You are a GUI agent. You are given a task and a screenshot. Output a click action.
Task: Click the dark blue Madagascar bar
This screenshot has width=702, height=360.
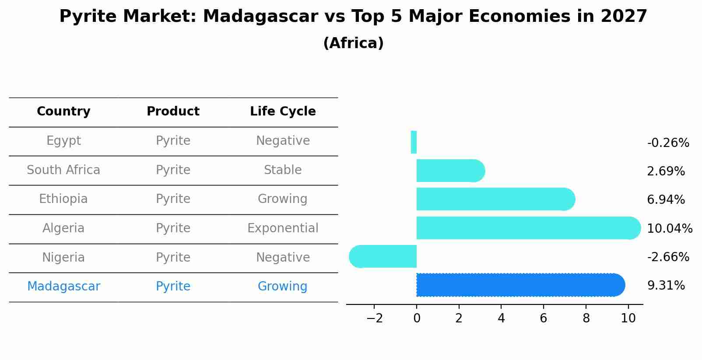520,285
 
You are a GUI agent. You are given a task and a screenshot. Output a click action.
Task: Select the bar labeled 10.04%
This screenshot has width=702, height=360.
528,228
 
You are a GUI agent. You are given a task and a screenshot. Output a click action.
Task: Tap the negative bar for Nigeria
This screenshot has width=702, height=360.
383,256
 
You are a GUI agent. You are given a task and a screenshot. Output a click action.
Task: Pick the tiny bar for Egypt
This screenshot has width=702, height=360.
414,142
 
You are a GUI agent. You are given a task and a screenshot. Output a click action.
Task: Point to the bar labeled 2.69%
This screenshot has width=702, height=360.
451,171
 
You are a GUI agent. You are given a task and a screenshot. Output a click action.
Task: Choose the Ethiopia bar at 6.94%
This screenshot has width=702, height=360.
496,199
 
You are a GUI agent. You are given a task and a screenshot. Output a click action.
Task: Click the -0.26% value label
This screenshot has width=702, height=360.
668,143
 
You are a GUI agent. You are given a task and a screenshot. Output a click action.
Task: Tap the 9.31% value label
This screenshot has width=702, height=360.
666,286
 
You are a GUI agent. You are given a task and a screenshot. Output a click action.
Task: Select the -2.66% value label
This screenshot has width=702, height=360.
668,257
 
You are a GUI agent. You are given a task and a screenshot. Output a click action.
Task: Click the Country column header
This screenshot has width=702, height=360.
63,112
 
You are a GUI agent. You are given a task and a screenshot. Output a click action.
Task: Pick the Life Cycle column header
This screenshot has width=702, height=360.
283,112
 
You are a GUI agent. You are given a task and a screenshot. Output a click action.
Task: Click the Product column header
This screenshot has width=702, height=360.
173,111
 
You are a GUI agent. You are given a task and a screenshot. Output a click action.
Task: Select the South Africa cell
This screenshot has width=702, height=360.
63,170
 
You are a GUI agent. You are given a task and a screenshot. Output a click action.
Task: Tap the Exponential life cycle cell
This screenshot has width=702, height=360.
283,228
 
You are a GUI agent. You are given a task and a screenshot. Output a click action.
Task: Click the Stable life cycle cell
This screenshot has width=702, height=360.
283,170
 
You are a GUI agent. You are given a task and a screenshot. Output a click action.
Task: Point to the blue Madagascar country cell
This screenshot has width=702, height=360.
63,287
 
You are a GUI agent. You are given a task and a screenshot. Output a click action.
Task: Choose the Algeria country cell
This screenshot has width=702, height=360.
63,228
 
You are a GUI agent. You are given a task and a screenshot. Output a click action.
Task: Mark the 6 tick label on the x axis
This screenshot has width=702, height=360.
544,318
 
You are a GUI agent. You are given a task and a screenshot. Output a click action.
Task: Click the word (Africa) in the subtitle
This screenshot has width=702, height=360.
353,43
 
